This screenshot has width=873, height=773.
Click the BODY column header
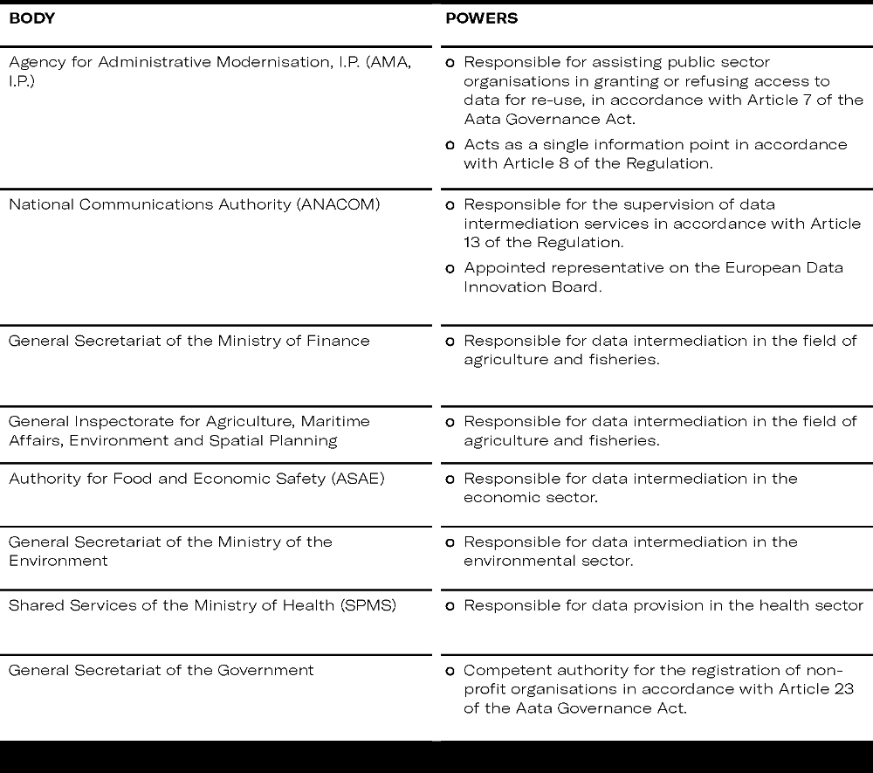(x=31, y=18)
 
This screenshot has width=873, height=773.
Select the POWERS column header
(x=481, y=18)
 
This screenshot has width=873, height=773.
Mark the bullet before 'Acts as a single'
(x=450, y=145)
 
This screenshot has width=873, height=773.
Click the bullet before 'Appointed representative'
(x=450, y=269)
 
